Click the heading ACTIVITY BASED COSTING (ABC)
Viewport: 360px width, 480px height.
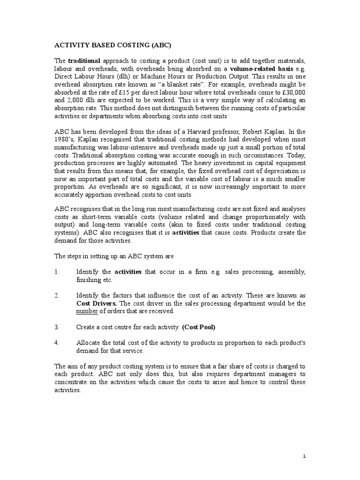(x=113, y=45)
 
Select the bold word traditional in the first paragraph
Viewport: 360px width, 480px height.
(x=84, y=61)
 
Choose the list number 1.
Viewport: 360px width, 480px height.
(x=57, y=272)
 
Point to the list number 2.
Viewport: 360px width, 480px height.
(x=57, y=296)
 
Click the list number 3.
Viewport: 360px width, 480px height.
(x=57, y=326)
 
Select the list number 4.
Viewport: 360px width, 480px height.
(x=57, y=343)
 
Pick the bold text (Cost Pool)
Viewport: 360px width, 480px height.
(x=202, y=326)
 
